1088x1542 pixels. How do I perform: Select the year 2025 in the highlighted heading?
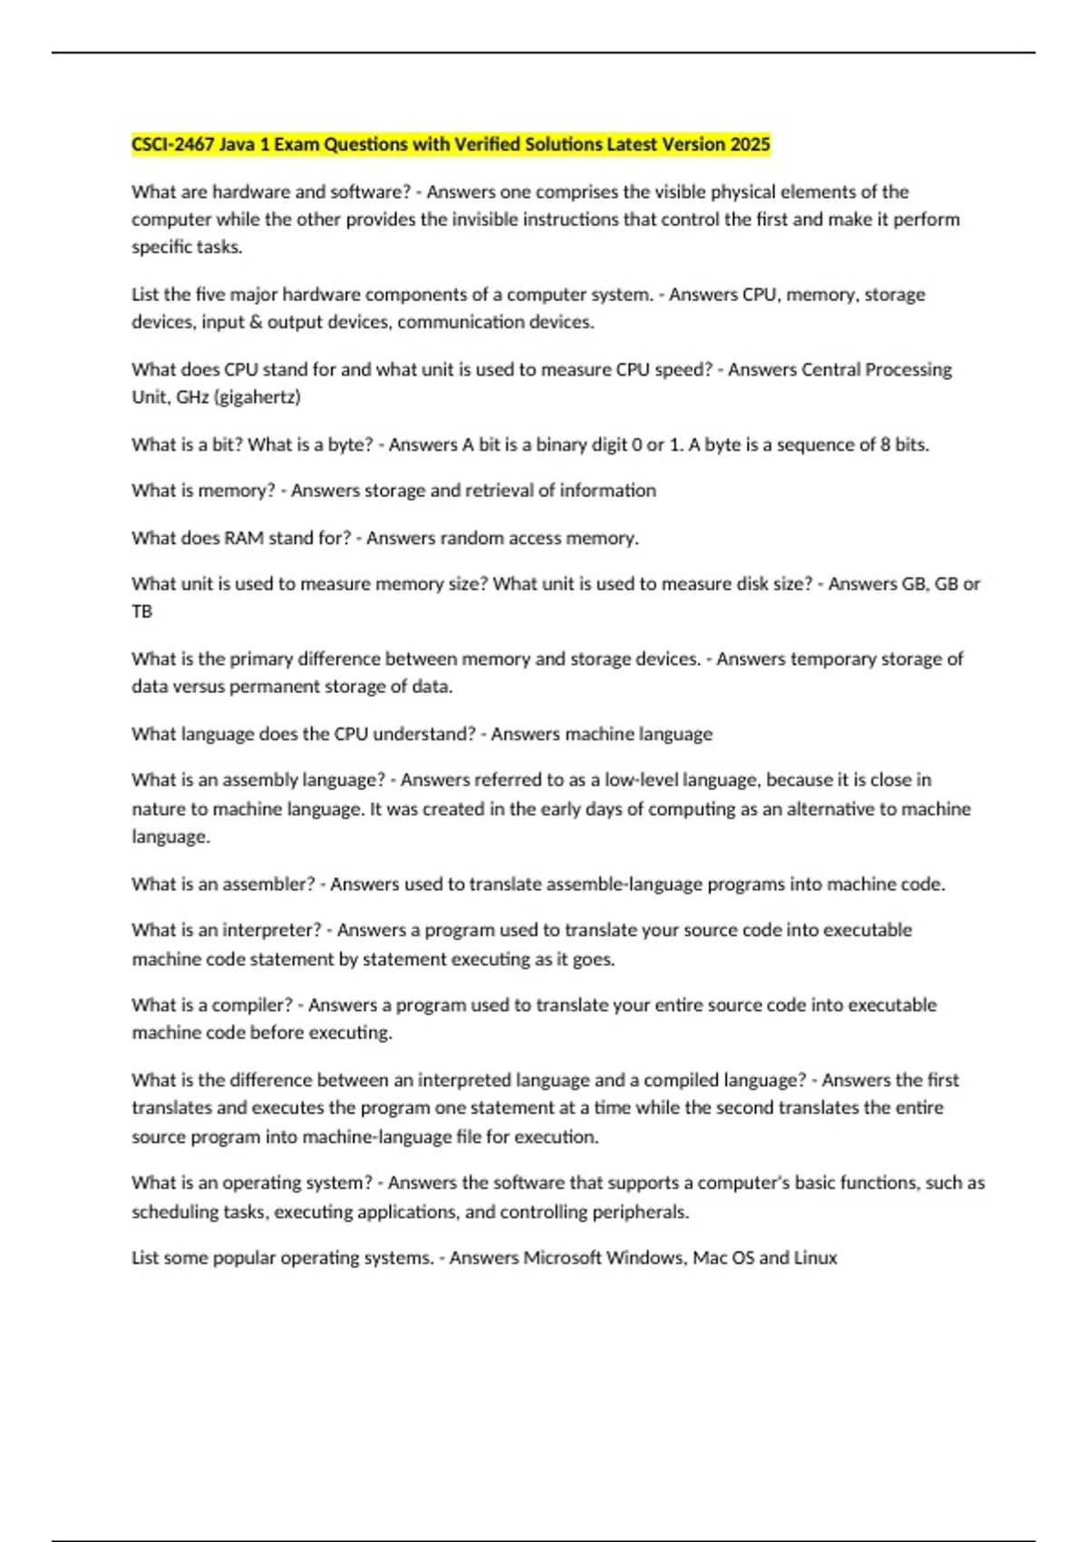pos(750,144)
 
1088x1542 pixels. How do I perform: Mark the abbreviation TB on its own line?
pos(142,611)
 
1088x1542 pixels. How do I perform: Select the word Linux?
pos(815,1258)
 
